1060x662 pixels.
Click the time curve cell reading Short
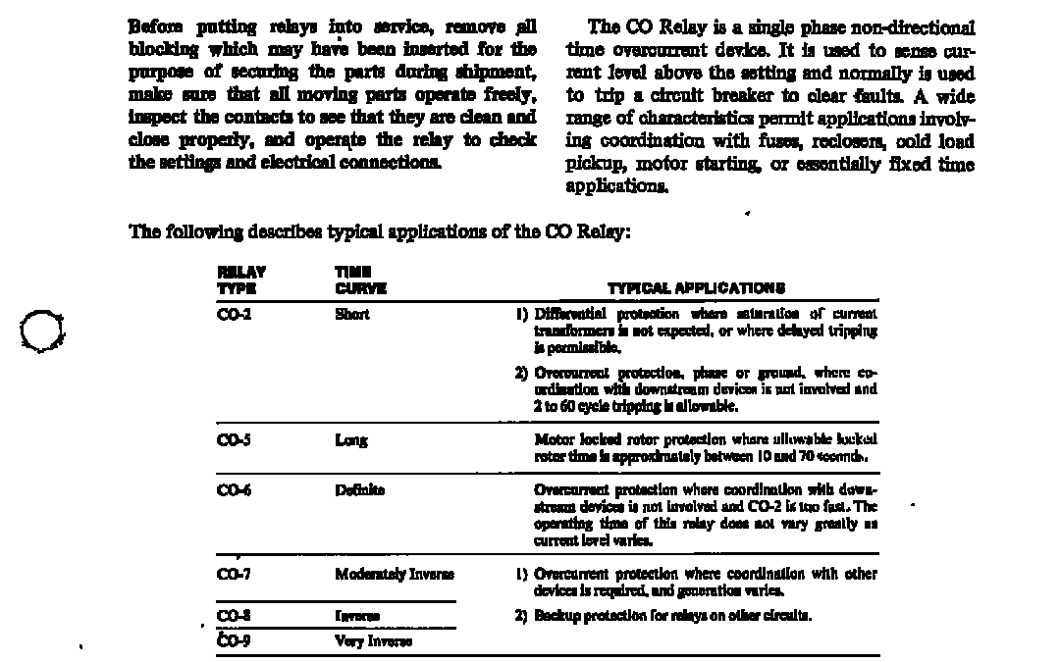(x=351, y=314)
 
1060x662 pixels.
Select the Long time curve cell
(x=351, y=440)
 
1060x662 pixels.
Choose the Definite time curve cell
(x=359, y=489)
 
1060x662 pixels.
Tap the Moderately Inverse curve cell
(x=394, y=574)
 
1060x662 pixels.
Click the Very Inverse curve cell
(x=373, y=640)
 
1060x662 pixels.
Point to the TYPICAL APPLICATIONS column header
(x=696, y=288)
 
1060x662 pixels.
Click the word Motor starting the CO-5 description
(x=554, y=440)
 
